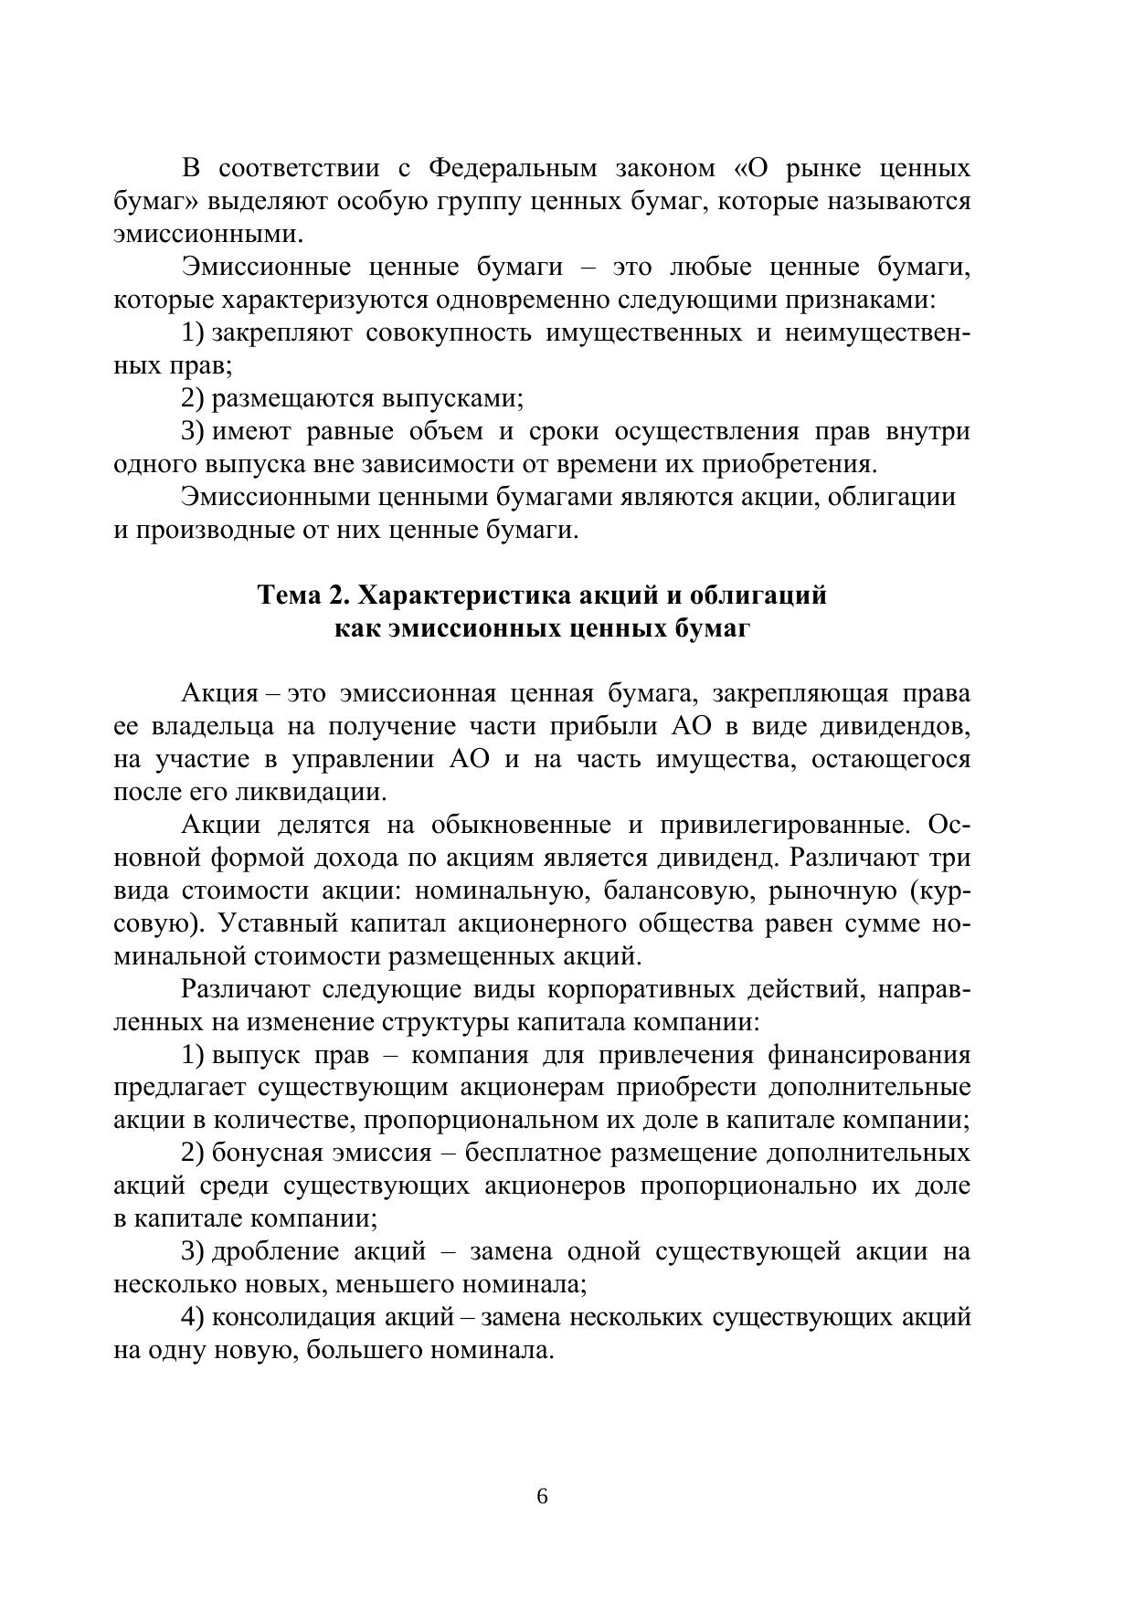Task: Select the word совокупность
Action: click(x=448, y=332)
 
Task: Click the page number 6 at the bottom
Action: click(x=542, y=1496)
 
